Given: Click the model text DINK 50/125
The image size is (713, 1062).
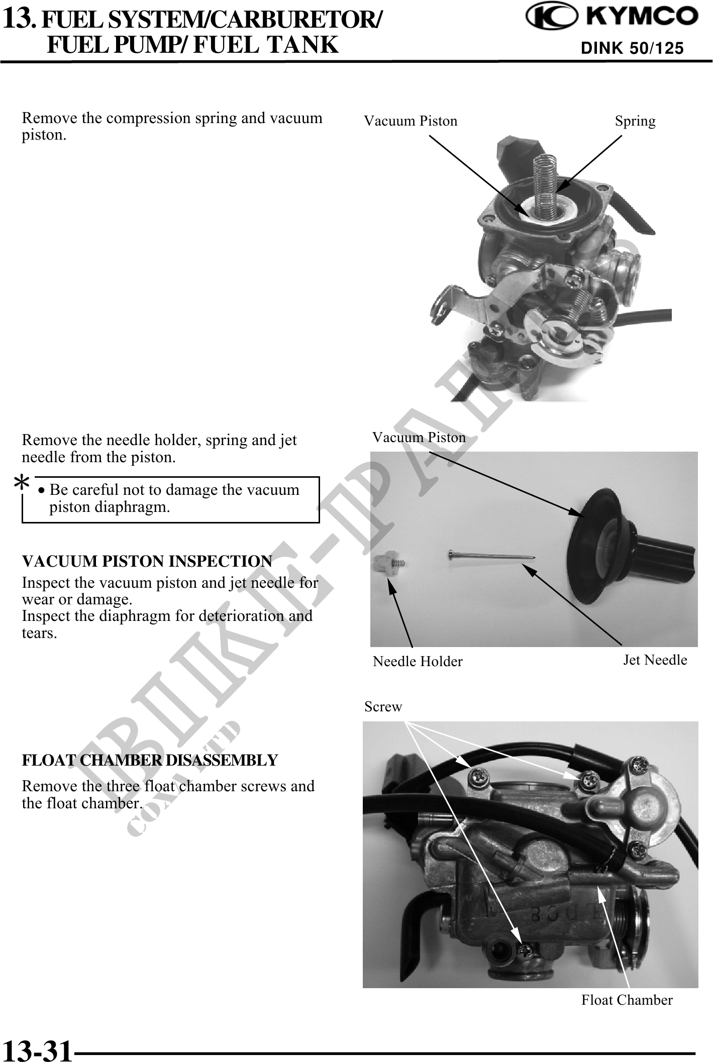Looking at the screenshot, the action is pyautogui.click(x=632, y=48).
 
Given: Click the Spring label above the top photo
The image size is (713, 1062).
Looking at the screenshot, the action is pyautogui.click(x=635, y=122).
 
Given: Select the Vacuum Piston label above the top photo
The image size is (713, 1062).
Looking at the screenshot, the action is pyautogui.click(x=411, y=121).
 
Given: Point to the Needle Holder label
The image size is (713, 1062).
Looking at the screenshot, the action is pyautogui.click(x=418, y=662).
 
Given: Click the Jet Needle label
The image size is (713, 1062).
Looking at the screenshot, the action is pyautogui.click(x=655, y=660).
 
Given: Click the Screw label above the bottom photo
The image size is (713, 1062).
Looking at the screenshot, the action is pyautogui.click(x=383, y=707).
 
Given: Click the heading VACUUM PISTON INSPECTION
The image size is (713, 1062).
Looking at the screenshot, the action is pyautogui.click(x=147, y=561).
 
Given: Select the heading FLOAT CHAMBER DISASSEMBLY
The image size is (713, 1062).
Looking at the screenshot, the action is pyautogui.click(x=150, y=761).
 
